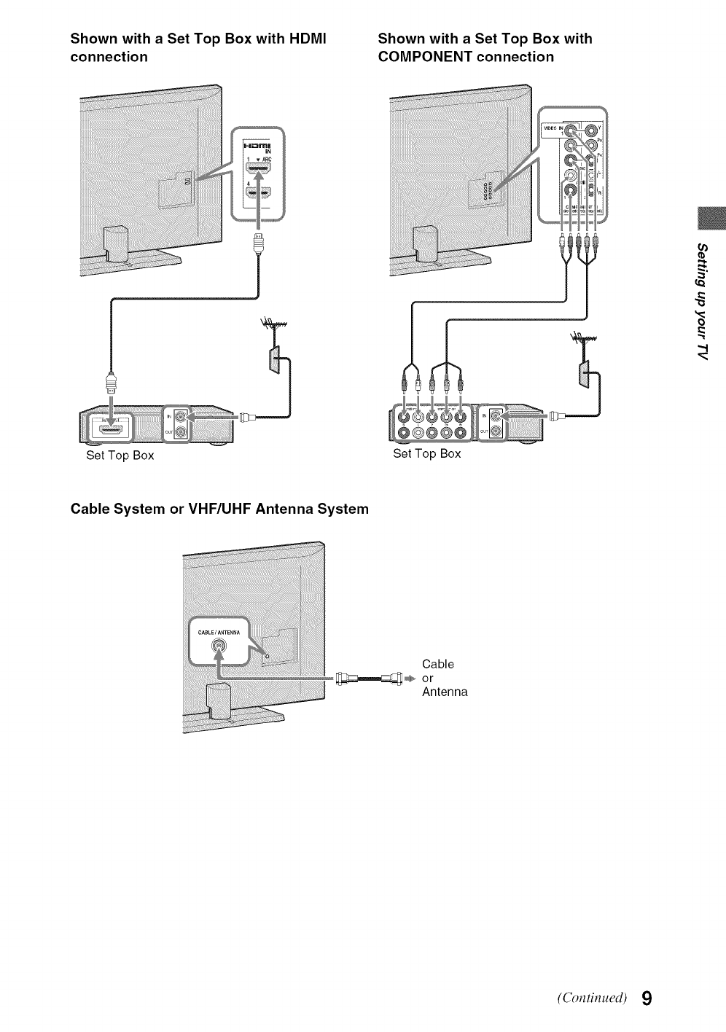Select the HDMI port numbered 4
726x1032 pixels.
click(258, 194)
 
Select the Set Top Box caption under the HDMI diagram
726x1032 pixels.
click(120, 456)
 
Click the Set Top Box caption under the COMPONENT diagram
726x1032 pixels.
click(427, 454)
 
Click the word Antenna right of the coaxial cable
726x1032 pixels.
click(445, 692)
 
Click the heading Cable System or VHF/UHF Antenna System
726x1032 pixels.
click(219, 509)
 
